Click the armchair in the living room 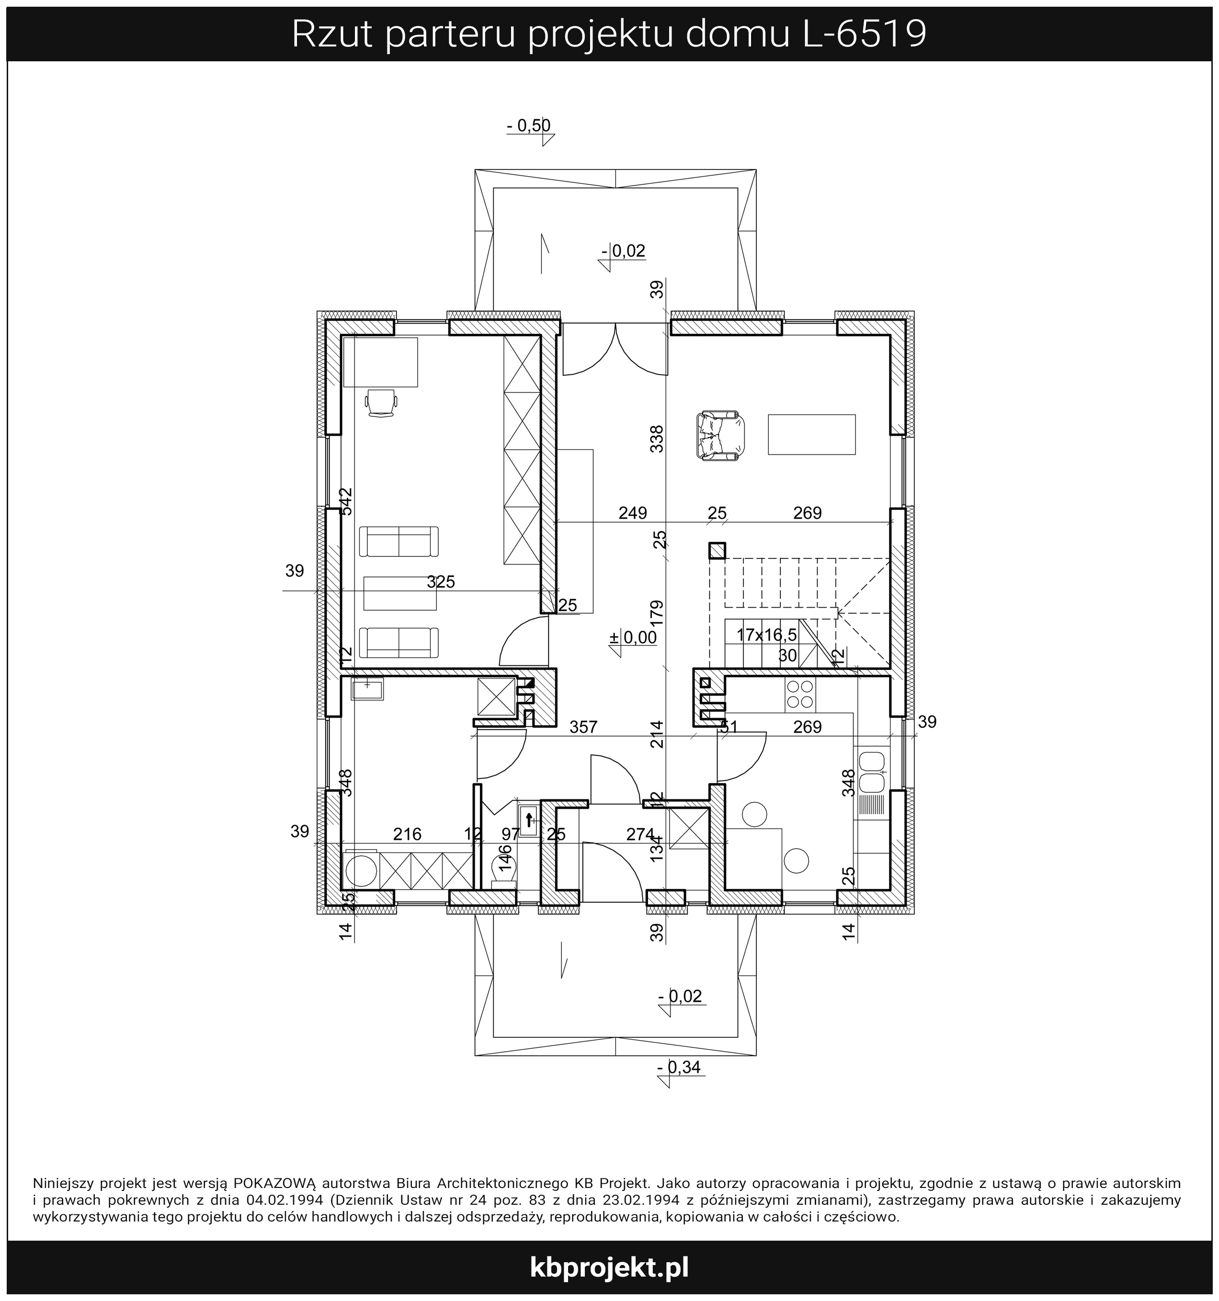tap(719, 435)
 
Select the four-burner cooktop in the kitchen tap(800, 694)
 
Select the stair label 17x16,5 tap(767, 635)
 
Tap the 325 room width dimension tap(441, 581)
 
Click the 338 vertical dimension tap(657, 439)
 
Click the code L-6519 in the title tap(864, 34)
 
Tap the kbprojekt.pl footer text tap(609, 1267)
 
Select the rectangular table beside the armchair tap(812, 434)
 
